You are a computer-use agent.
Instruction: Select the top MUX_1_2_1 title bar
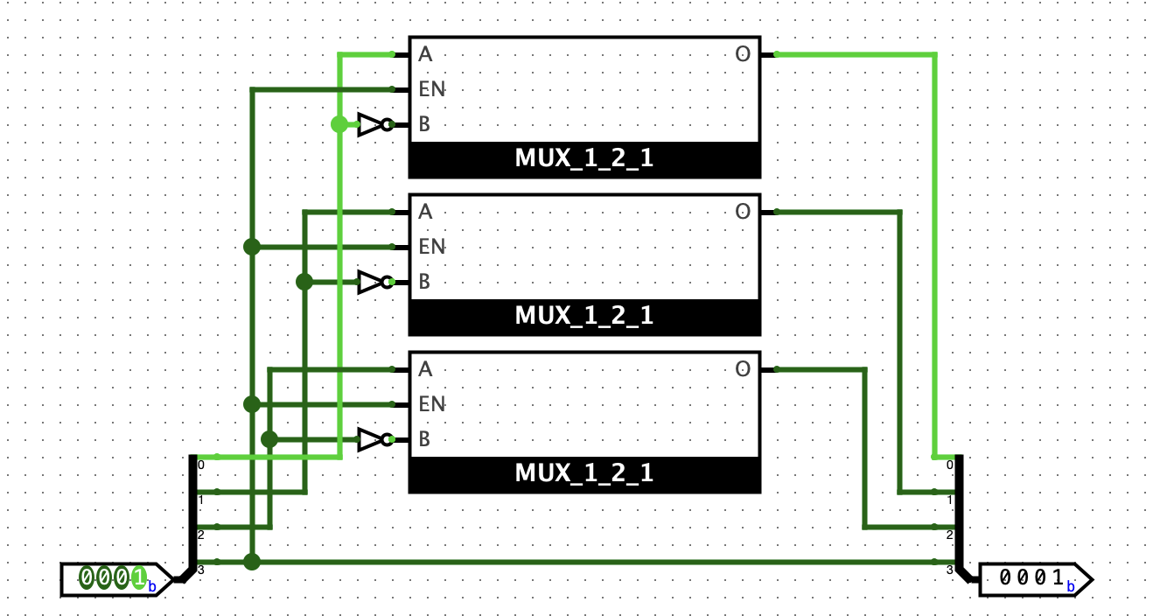(584, 159)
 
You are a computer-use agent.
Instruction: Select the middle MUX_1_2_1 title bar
(584, 316)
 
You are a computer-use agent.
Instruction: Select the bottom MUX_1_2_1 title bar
(584, 473)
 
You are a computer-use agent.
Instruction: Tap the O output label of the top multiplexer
(743, 54)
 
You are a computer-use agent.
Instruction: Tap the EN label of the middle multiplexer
(431, 247)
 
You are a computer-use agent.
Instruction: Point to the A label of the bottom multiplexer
(425, 369)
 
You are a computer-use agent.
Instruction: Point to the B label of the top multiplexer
(424, 124)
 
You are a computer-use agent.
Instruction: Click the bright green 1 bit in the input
(138, 577)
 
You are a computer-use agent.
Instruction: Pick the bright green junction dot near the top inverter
(339, 124)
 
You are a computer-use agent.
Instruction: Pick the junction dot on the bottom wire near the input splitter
(252, 562)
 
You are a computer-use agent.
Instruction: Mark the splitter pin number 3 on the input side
(200, 570)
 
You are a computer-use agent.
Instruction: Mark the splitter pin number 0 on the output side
(951, 465)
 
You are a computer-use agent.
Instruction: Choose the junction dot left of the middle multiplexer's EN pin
(252, 247)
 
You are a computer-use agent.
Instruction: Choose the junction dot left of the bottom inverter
(269, 439)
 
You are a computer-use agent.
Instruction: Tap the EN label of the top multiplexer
(431, 89)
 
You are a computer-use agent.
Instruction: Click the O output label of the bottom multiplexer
(743, 369)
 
